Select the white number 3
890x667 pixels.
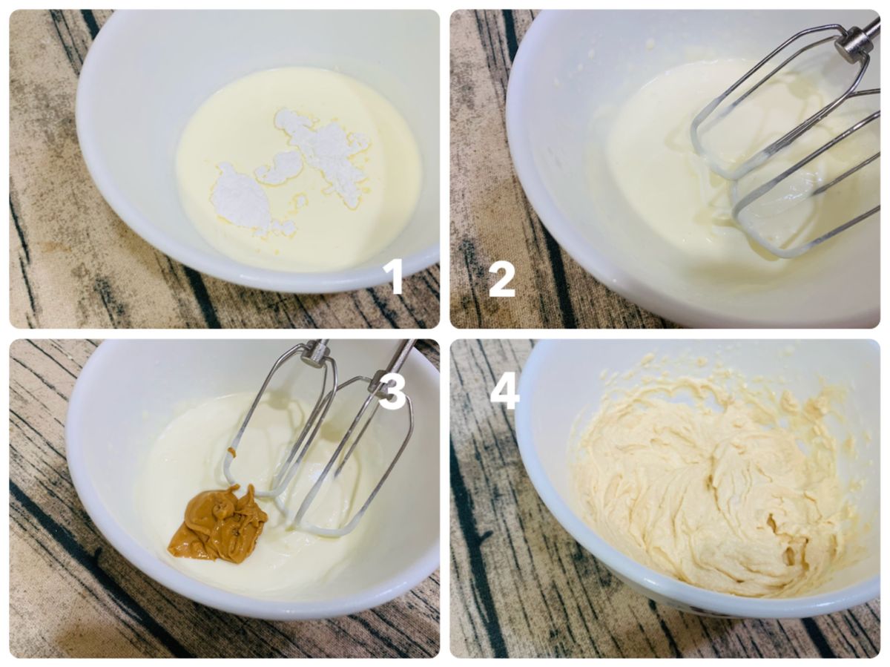[392, 390]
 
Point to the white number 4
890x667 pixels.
[505, 390]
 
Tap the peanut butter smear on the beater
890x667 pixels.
[232, 451]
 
